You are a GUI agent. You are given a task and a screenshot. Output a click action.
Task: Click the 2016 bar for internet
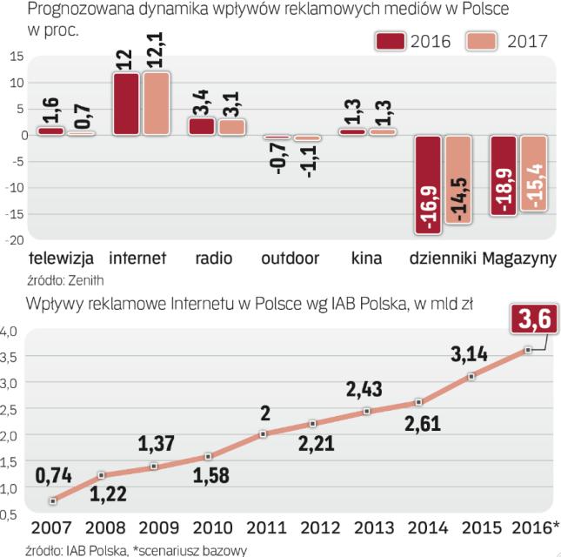(125, 104)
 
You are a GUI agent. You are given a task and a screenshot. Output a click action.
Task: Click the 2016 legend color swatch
(391, 40)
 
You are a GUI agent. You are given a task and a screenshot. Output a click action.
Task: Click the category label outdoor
(290, 258)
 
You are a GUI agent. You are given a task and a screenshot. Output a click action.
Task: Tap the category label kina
(367, 258)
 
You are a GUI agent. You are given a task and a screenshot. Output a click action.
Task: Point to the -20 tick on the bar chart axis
(15, 239)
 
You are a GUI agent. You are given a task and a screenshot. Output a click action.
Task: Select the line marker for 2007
(54, 500)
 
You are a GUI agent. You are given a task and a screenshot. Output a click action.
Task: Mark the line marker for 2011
(263, 433)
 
